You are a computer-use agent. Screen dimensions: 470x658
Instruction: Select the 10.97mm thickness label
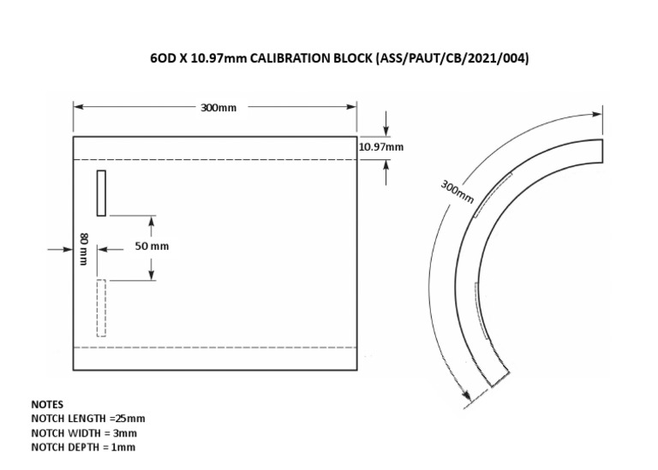pyautogui.click(x=380, y=147)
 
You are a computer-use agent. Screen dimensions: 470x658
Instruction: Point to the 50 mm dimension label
pyautogui.click(x=152, y=247)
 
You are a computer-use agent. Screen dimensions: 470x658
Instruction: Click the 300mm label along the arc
pyautogui.click(x=457, y=191)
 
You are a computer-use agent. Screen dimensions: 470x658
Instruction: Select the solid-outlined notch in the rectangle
pyautogui.click(x=101, y=193)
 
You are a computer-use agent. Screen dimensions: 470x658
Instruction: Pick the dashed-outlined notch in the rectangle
pyautogui.click(x=101, y=307)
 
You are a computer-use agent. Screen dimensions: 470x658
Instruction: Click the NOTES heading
pyautogui.click(x=47, y=403)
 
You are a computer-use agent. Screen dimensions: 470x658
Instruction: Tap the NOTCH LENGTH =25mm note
pyautogui.click(x=88, y=418)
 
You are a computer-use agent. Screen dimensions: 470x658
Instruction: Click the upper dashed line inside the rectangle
pyautogui.click(x=214, y=159)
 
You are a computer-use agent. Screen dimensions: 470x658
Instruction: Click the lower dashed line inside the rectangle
pyautogui.click(x=214, y=347)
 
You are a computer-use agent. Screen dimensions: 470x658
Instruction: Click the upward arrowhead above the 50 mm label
pyautogui.click(x=152, y=220)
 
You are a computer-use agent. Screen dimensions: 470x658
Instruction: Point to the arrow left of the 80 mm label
pyautogui.click(x=66, y=249)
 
